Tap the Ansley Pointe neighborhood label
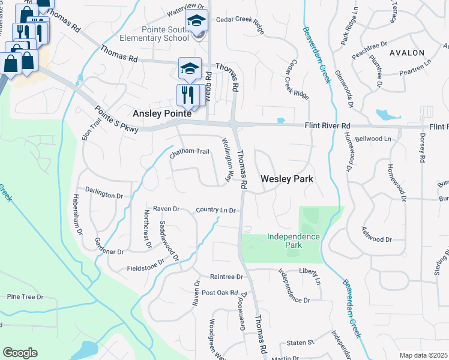tap(161, 113)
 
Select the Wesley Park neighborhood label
tap(287, 179)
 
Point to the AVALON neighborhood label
tap(407, 53)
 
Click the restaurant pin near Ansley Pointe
tap(187, 94)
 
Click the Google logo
tap(20, 353)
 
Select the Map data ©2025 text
tap(423, 355)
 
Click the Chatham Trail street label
tap(189, 152)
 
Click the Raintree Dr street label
tap(226, 277)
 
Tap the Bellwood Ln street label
tap(373, 139)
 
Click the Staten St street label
tap(301, 342)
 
